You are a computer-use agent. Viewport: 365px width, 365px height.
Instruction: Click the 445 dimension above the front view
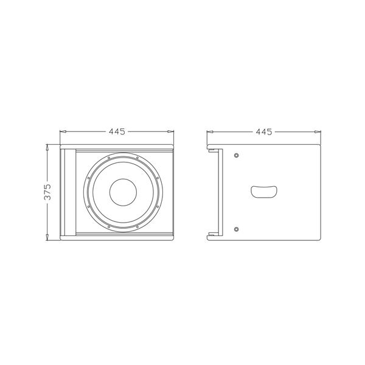[x=117, y=131]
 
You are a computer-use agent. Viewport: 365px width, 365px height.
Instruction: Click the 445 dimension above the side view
[x=263, y=131]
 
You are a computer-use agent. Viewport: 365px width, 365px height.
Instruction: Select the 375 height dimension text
[x=47, y=192]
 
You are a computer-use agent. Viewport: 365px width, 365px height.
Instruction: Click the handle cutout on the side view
[x=262, y=192]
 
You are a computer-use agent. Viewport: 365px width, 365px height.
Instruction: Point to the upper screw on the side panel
[x=236, y=155]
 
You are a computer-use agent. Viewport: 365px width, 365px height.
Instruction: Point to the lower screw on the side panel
[x=236, y=229]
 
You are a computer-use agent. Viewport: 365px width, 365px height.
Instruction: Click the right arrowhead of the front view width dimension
[x=173, y=131]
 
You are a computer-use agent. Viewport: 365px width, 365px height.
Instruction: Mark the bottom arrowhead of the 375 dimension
[x=47, y=238]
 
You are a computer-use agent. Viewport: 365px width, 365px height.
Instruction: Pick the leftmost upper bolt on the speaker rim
[x=89, y=178]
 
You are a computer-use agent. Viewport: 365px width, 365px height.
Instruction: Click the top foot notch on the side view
[x=214, y=152]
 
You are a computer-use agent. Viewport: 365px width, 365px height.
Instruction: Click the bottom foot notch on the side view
[x=214, y=233]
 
